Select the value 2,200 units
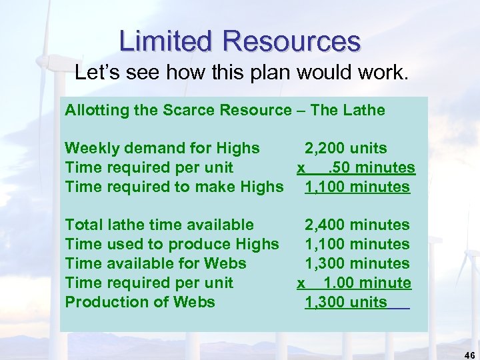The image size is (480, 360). click(x=345, y=148)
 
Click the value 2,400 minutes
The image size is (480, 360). click(x=357, y=225)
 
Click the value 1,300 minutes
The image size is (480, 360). click(x=357, y=263)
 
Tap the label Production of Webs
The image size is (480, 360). click(x=140, y=302)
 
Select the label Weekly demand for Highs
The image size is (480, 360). click(x=162, y=148)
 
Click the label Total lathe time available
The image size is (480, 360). click(x=159, y=225)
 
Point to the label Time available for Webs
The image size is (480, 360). click(x=155, y=263)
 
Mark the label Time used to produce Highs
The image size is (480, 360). click(x=172, y=245)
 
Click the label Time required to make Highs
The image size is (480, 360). click(x=174, y=187)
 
